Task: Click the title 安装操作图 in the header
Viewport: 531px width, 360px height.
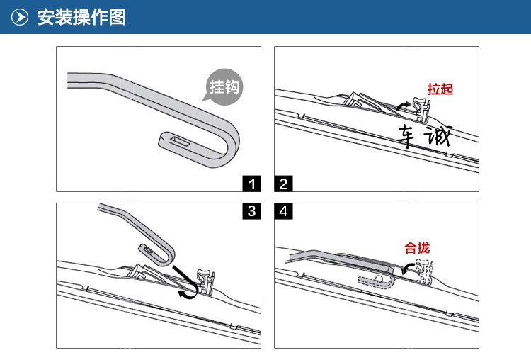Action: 81,17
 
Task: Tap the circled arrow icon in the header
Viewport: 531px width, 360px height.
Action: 20,17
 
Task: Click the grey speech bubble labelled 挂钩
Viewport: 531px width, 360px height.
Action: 224,86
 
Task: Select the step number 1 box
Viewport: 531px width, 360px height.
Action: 251,184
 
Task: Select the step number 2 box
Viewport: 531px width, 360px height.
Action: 283,184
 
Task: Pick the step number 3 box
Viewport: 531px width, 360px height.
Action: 251,211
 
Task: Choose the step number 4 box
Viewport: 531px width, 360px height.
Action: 283,211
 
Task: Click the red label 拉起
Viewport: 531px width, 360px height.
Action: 440,89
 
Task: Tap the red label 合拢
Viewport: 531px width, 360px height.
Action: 417,248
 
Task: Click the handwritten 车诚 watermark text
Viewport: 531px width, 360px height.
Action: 425,136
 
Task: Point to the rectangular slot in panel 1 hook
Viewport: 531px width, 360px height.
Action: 180,141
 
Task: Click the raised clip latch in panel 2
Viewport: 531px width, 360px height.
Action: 421,109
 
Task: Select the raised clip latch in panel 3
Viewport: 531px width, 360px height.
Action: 205,281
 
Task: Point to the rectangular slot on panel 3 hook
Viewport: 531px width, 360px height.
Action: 148,251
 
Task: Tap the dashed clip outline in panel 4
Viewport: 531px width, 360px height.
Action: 424,271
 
